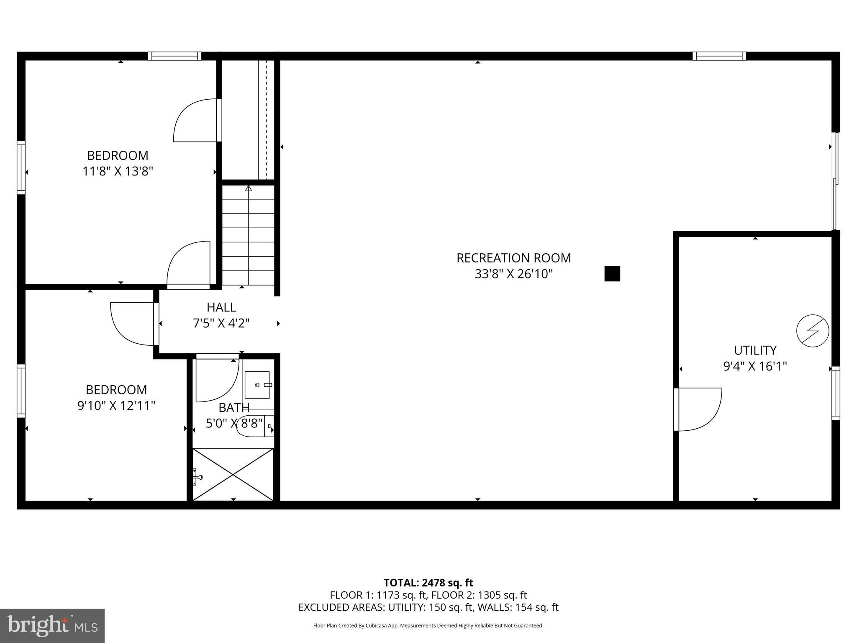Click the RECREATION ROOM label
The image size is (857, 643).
click(x=513, y=258)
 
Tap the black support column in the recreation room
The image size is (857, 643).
click(x=612, y=274)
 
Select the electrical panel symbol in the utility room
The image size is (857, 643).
click(x=813, y=331)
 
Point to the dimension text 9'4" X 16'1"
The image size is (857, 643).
click(x=755, y=366)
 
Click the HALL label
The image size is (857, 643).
click(x=221, y=307)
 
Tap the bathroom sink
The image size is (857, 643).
click(x=257, y=385)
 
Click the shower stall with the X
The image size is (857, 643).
click(x=233, y=474)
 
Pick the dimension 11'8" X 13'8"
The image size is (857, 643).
click(x=118, y=171)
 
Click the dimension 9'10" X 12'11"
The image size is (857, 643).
click(x=116, y=406)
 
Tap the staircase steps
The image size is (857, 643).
click(x=248, y=234)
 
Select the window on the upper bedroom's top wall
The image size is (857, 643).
click(x=174, y=56)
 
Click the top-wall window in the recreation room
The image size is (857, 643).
click(x=719, y=56)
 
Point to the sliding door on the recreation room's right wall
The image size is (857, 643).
click(x=835, y=181)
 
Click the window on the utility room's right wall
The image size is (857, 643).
click(x=835, y=393)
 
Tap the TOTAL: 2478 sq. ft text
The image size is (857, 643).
click(x=428, y=583)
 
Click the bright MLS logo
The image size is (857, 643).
click(x=52, y=626)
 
